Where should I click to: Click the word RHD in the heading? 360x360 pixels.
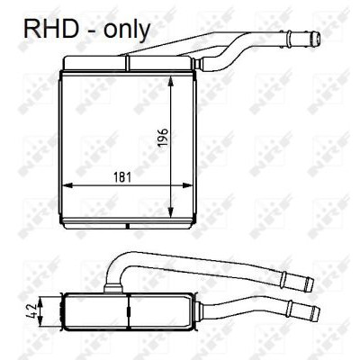pyautogui.click(x=51, y=29)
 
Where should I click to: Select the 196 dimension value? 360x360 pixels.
pyautogui.click(x=164, y=138)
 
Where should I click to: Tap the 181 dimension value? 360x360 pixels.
pyautogui.click(x=122, y=177)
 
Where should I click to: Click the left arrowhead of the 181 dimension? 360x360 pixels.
pyautogui.click(x=67, y=185)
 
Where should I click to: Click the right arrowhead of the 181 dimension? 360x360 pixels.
pyautogui.click(x=187, y=185)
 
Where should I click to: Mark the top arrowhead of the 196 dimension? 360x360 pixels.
pyautogui.click(x=171, y=80)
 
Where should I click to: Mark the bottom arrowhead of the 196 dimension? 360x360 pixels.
pyautogui.click(x=171, y=212)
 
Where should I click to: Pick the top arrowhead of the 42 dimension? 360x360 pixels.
pyautogui.click(x=40, y=301)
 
